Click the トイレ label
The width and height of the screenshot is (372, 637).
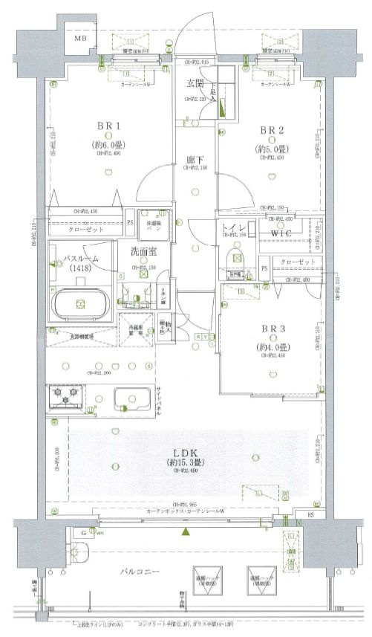point(232,227)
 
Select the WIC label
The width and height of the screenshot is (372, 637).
point(285,235)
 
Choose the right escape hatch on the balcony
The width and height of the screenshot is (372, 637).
point(261,579)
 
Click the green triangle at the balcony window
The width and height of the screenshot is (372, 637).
point(186,532)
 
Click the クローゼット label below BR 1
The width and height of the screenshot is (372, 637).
point(82,231)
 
